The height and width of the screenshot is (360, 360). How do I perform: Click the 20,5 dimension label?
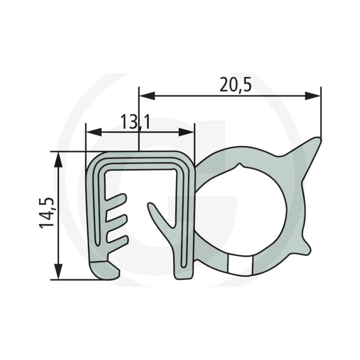coord(235,85)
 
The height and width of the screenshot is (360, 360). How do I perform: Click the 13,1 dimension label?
coord(135,122)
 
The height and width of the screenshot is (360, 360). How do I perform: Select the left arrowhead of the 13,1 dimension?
coord(93,132)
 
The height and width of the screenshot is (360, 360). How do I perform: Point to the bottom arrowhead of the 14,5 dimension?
coord(58,272)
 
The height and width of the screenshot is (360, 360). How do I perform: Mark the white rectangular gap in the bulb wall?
coord(240,266)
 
